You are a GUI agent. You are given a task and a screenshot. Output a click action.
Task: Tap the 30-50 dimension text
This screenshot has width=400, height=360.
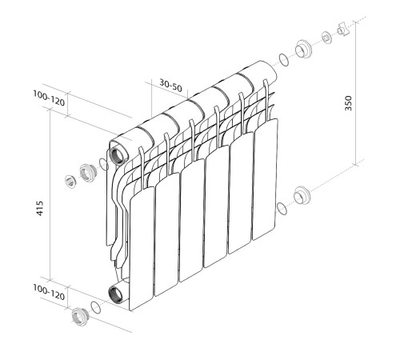click(x=169, y=84)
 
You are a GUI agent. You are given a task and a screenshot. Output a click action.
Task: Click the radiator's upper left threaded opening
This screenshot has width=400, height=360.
click(x=118, y=152)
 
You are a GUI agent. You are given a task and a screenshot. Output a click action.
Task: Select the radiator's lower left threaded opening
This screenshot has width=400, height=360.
click(x=118, y=292)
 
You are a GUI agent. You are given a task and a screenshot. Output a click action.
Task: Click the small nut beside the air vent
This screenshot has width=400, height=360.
click(x=326, y=37)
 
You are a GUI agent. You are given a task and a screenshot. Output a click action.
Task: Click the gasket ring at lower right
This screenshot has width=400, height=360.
click(x=281, y=210)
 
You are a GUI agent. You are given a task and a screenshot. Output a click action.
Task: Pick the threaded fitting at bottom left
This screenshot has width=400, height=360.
click(x=78, y=318)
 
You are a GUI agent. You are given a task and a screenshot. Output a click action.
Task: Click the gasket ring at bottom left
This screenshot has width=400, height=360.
click(x=96, y=307)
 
